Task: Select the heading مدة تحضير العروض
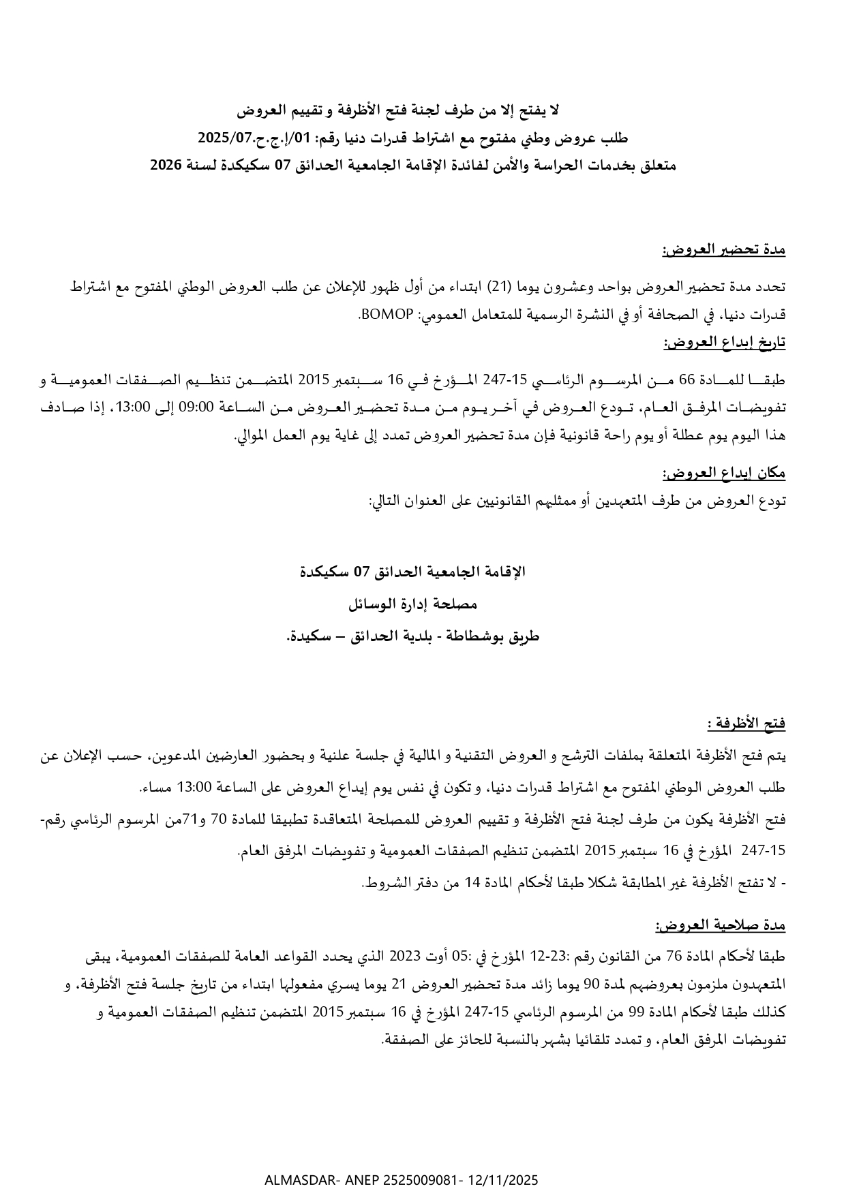pyautogui.click(x=723, y=250)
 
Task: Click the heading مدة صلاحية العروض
pyautogui.click(x=721, y=926)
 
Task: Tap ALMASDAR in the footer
pyautogui.click(x=294, y=1180)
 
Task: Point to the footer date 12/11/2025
pyautogui.click(x=504, y=1180)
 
